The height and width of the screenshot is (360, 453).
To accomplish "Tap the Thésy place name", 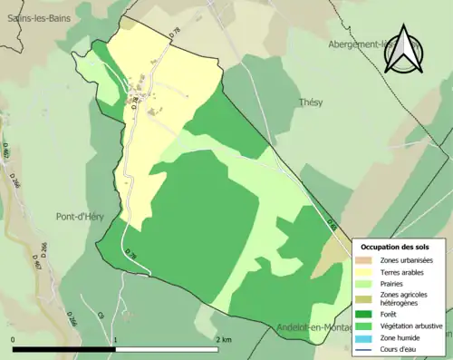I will pyautogui.click(x=311, y=102).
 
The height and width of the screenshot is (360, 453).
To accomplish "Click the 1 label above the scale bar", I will pyautogui.click(x=116, y=339).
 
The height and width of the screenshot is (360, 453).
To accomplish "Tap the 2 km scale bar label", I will pyautogui.click(x=224, y=339).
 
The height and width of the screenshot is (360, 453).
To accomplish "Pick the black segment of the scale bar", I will pyautogui.click(x=64, y=349).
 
